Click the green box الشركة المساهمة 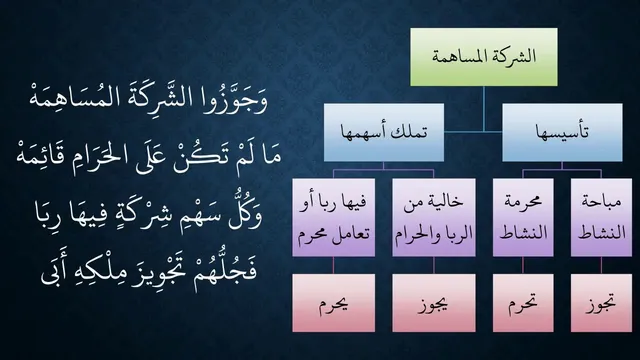484,57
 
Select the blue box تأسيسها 562,132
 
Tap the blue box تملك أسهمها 384,132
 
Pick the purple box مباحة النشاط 601,217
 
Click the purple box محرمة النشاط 523,217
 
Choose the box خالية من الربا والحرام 434,217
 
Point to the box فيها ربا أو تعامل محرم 333,217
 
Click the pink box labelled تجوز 601,303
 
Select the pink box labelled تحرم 523,303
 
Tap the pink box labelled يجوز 434,303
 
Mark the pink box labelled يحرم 333,303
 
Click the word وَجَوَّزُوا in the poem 236,100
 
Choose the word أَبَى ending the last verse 54,270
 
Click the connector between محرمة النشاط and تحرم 523,265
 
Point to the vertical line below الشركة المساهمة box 484,109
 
